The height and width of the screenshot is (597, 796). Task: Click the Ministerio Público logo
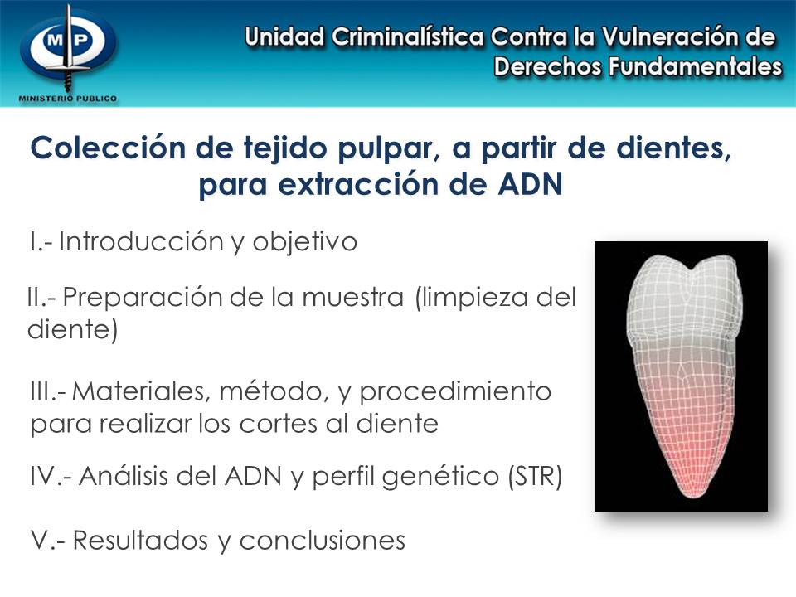coord(68,51)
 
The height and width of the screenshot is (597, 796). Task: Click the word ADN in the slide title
coord(531,183)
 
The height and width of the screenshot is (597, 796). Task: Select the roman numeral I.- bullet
coord(41,242)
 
